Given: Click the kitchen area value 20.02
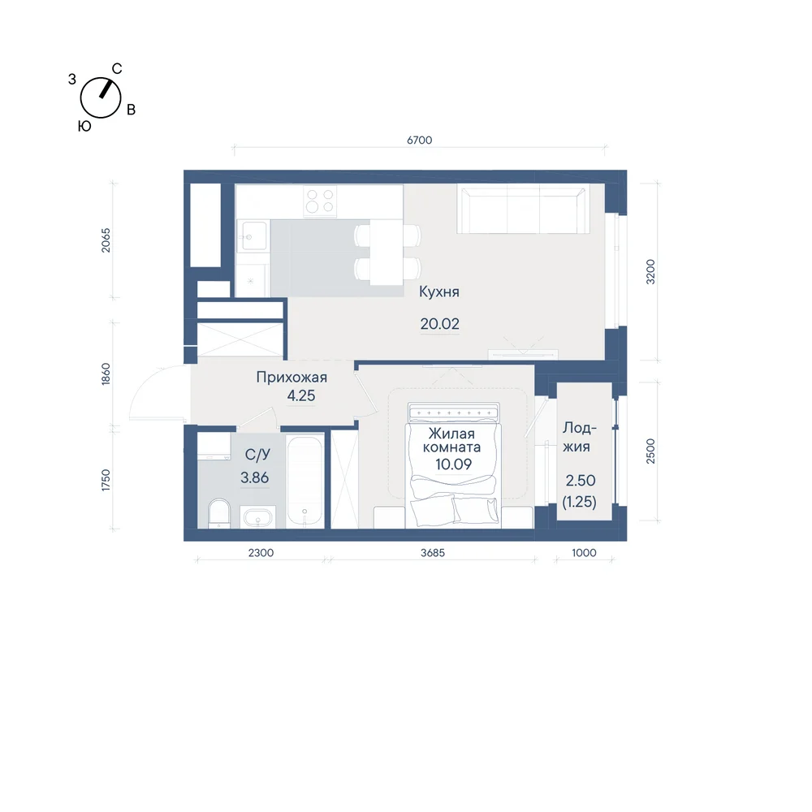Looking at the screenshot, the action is tap(439, 324).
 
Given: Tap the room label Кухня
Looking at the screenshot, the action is tap(439, 292).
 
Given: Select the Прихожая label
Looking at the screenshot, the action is tap(292, 378).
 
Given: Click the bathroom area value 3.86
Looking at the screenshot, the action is tap(254, 477).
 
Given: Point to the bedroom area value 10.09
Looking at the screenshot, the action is tap(453, 464).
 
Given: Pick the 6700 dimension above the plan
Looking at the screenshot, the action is tap(420, 140).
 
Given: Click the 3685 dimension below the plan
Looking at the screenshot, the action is tap(433, 553).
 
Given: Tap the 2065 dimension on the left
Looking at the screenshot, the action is tap(106, 240).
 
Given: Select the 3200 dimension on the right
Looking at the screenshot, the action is tap(650, 272).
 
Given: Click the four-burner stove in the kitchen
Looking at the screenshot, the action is tap(320, 201).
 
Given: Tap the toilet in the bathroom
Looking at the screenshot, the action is tap(219, 512).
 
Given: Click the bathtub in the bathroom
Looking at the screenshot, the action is tap(305, 482).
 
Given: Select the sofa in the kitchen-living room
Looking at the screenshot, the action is tap(523, 209).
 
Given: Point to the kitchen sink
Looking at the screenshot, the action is tap(254, 236).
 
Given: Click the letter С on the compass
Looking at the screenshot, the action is tap(117, 69).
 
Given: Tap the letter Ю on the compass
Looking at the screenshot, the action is tap(84, 127).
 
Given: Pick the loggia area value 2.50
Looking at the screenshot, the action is tap(581, 481).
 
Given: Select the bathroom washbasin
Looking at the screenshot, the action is tap(257, 516).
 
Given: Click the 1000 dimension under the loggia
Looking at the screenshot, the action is tap(584, 553).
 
